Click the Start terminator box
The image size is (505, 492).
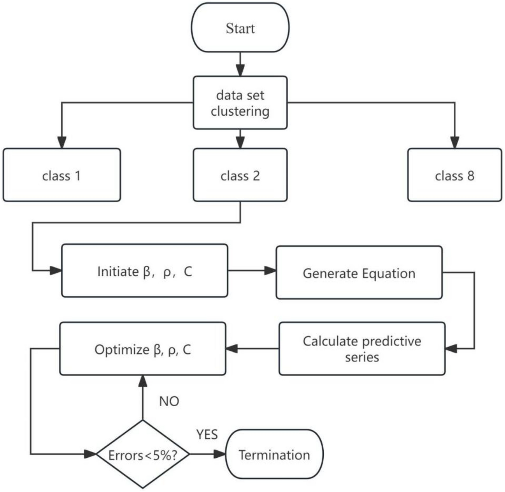click(240, 28)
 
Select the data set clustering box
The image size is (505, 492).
click(240, 103)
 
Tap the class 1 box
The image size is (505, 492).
click(61, 175)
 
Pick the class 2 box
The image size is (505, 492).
click(240, 175)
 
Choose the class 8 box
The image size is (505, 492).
click(454, 175)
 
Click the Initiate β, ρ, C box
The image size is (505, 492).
click(144, 271)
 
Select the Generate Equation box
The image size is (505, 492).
click(359, 273)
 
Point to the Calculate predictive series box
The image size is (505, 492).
click(362, 349)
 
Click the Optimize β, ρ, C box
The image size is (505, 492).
click(142, 349)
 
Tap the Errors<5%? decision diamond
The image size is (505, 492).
click(143, 454)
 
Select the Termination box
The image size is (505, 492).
click(274, 454)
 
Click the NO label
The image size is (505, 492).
click(169, 401)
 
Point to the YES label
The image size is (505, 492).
click(207, 434)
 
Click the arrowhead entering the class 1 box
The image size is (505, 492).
click(61, 143)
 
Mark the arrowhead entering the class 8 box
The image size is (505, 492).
click(454, 143)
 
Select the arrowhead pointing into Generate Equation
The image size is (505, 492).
click(270, 270)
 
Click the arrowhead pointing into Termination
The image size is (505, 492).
click(220, 454)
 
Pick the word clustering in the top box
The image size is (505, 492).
click(240, 111)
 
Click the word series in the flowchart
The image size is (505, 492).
click(362, 357)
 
